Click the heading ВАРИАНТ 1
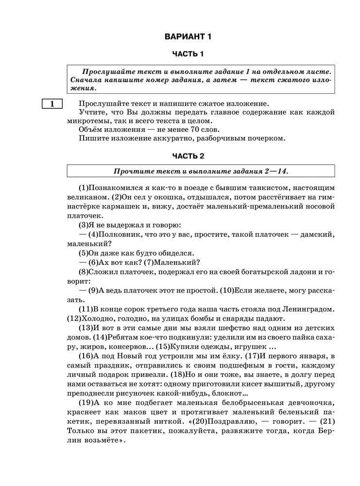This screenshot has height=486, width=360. click(188, 36)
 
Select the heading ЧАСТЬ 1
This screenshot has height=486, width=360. click(188, 53)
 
